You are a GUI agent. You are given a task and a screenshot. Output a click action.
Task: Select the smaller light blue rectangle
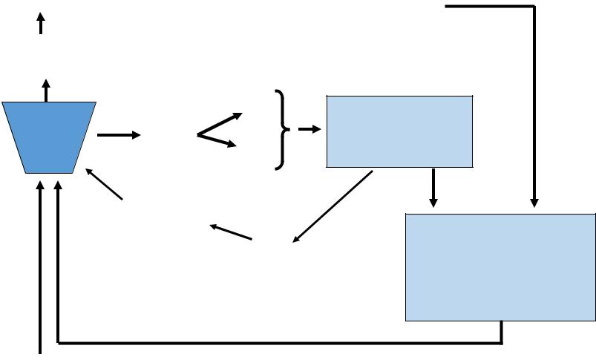tap(399, 131)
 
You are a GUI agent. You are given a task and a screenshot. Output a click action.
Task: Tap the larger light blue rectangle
tap(501, 267)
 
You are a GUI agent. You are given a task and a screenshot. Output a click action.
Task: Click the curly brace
tap(281, 130)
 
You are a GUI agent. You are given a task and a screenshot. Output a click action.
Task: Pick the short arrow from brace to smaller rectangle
tap(309, 129)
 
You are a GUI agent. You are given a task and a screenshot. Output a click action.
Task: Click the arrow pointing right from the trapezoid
tap(118, 135)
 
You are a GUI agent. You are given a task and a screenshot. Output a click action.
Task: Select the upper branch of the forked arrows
tap(220, 124)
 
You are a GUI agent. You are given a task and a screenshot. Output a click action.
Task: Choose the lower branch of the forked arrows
tap(217, 140)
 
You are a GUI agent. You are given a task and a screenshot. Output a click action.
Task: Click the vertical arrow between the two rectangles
tap(433, 189)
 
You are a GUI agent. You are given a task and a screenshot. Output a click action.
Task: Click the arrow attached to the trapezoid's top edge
tap(46, 90)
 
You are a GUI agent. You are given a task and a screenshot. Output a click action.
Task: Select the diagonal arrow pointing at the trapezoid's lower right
tap(104, 183)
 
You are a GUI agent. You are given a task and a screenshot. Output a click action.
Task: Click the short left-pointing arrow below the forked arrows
tap(231, 232)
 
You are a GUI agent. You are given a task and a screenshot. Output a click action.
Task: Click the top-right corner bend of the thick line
tap(534, 7)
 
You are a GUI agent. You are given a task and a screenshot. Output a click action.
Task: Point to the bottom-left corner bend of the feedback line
tap(58, 343)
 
